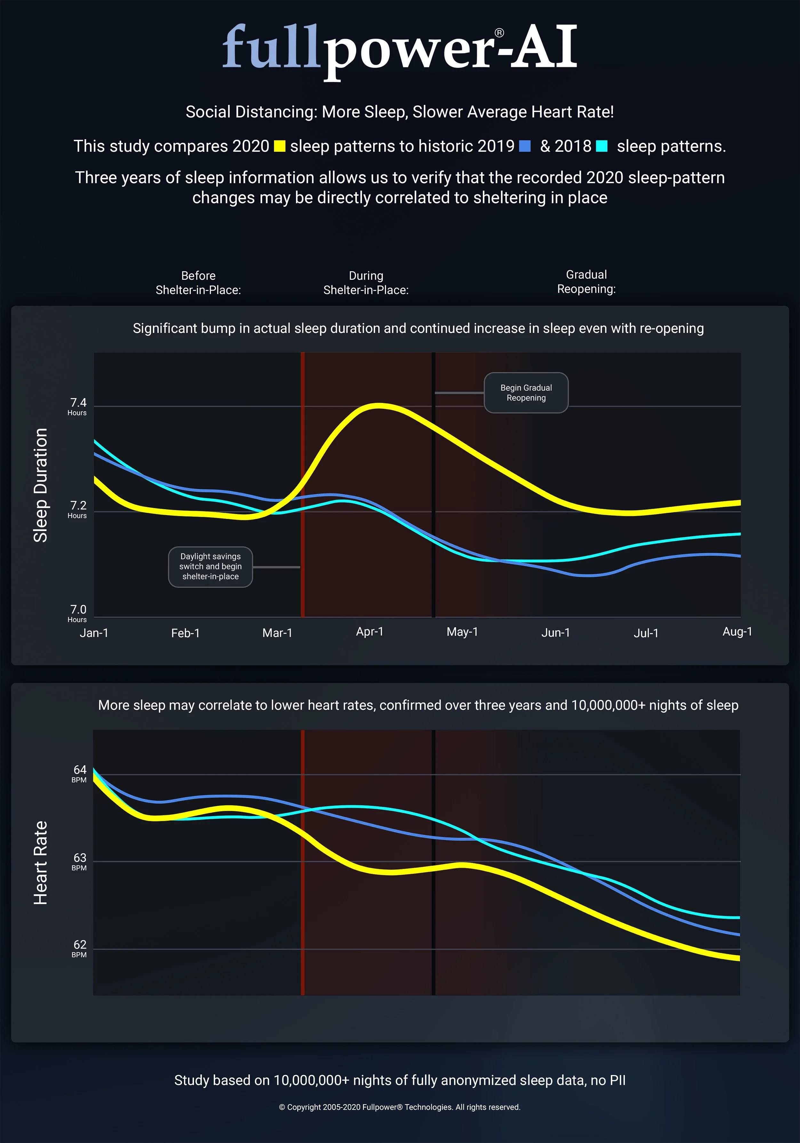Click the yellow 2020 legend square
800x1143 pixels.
(280, 146)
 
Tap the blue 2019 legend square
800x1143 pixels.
(525, 146)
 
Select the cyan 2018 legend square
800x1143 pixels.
(602, 146)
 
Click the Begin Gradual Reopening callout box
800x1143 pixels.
(526, 392)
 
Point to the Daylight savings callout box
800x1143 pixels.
(211, 567)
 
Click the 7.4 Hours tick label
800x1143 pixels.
(78, 406)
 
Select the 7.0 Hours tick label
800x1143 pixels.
(78, 613)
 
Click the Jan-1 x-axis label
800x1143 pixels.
(94, 633)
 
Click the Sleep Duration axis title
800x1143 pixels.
(40, 485)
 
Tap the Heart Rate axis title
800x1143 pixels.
(40, 862)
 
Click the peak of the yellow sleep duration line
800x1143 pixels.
(379, 406)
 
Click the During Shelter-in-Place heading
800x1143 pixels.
(366, 283)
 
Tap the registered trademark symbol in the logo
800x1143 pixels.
(499, 33)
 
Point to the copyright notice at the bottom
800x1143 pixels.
(400, 1107)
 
